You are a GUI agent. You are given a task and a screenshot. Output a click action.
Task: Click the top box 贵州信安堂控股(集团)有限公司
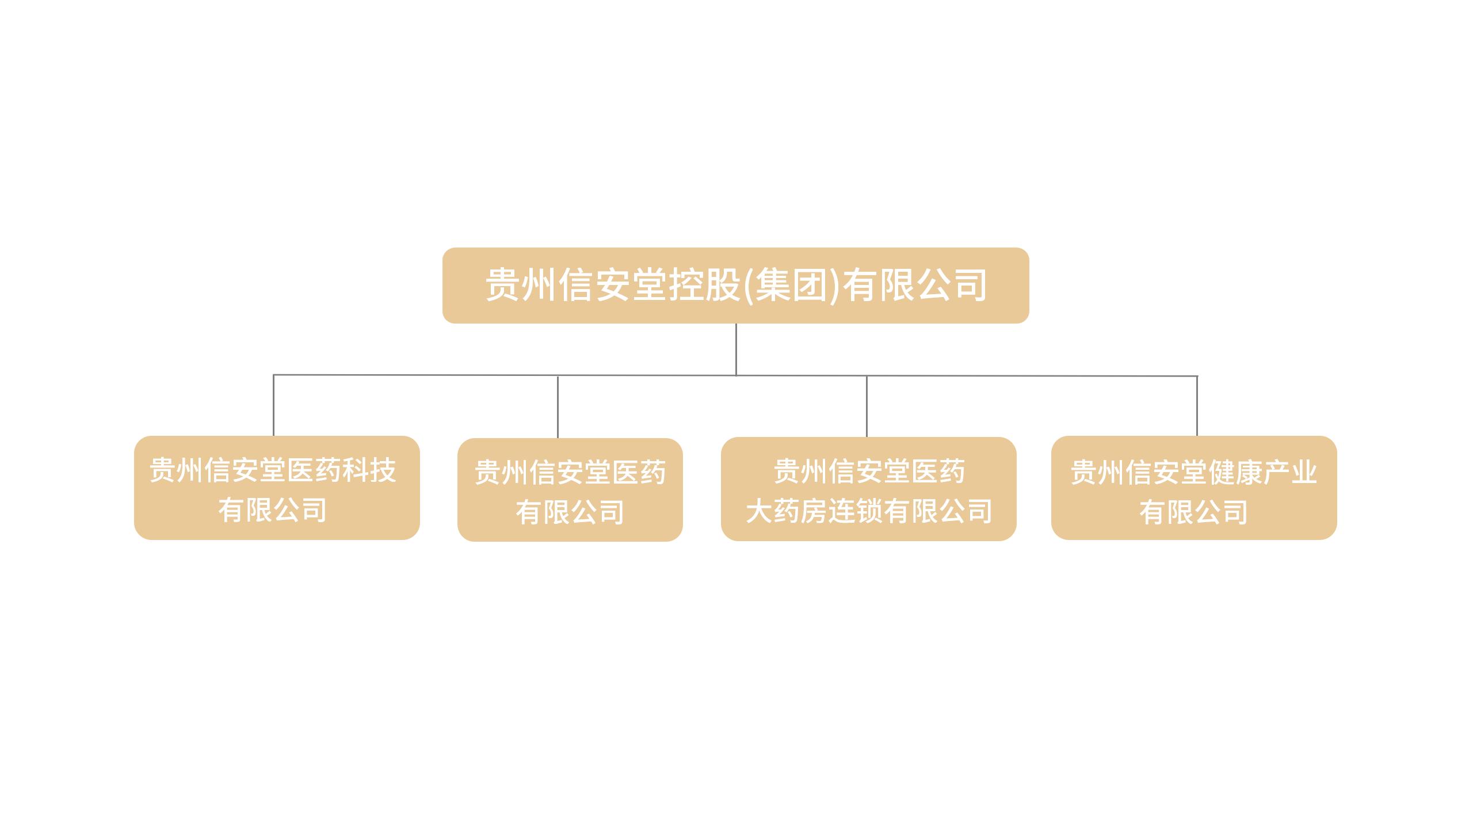(735, 286)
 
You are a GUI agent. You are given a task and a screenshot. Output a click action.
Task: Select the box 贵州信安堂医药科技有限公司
(277, 488)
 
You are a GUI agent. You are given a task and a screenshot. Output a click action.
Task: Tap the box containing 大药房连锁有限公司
(868, 489)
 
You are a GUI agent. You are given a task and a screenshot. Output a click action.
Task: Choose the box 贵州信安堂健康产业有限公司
(1194, 488)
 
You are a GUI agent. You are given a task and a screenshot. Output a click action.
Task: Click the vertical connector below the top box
(736, 349)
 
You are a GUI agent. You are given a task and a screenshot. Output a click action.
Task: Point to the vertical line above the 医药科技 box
(273, 405)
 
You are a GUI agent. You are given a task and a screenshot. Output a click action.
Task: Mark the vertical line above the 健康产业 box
(1197, 406)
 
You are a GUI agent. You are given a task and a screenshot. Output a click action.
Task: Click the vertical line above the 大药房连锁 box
(867, 406)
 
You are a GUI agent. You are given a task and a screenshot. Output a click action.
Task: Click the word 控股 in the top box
(704, 285)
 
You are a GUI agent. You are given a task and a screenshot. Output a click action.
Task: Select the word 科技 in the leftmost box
(369, 470)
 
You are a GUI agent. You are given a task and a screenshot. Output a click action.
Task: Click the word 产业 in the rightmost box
(1289, 473)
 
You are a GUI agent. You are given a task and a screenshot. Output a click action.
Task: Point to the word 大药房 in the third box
(787, 511)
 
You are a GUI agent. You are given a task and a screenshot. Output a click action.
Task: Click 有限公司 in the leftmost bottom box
(273, 510)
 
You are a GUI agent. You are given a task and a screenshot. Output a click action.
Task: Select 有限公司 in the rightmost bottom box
(1194, 512)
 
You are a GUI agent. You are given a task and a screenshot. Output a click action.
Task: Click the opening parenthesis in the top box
(747, 286)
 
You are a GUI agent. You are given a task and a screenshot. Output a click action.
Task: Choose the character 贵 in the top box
(503, 285)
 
